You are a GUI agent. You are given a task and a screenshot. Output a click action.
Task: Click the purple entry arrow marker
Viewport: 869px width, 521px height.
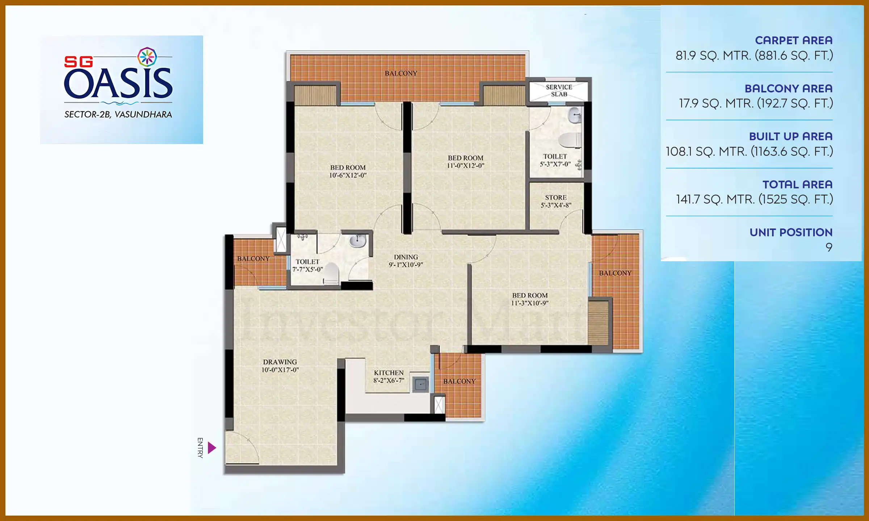click(212, 448)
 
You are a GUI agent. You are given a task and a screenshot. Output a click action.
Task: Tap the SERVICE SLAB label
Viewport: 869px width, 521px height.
click(559, 91)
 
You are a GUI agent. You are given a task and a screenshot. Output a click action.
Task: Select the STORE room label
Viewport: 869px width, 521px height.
click(556, 201)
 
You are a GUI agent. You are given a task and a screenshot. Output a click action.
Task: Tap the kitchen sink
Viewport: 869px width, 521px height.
click(420, 384)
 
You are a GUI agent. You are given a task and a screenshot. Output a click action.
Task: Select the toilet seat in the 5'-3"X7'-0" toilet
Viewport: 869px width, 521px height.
click(570, 140)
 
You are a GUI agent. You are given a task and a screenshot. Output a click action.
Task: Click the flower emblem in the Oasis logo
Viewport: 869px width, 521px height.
click(147, 57)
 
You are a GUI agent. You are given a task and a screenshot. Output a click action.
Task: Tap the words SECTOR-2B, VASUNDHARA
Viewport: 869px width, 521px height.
click(118, 115)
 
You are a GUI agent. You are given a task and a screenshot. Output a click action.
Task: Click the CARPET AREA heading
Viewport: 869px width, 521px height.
click(793, 40)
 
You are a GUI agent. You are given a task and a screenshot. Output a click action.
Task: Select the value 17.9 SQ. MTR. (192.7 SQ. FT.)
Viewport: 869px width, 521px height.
click(756, 103)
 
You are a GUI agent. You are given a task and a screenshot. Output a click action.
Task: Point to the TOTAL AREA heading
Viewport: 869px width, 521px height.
click(797, 185)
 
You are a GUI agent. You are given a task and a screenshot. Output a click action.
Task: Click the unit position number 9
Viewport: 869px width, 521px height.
click(829, 247)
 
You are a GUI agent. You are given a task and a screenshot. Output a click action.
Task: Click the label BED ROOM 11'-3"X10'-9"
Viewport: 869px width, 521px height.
click(529, 299)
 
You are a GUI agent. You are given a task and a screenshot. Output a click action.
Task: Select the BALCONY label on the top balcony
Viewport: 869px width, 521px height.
click(401, 73)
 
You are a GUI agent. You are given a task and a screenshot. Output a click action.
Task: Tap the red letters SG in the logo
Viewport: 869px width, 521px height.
click(78, 62)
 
